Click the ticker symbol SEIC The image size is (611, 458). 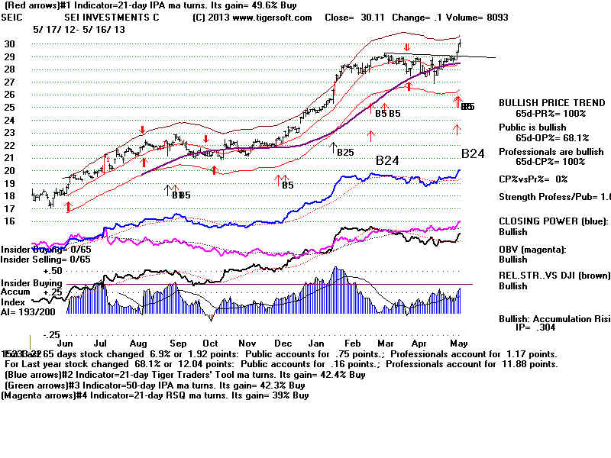tap(14, 17)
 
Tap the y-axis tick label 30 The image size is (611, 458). tap(9, 44)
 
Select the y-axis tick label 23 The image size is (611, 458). tap(9, 132)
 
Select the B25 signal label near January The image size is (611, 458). tap(344, 152)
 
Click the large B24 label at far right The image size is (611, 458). tap(473, 153)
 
